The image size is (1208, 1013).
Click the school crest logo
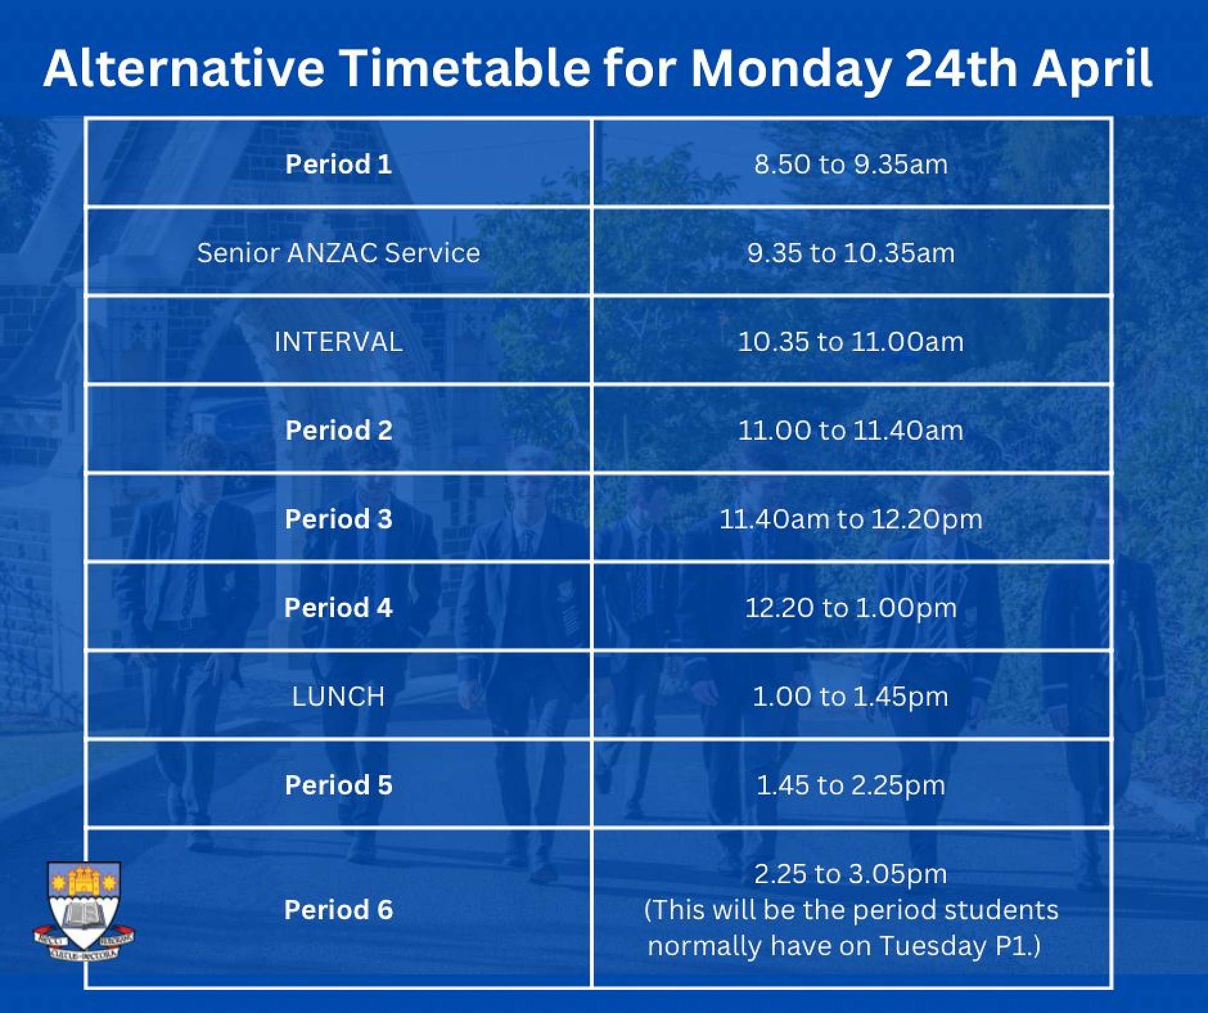pyautogui.click(x=84, y=911)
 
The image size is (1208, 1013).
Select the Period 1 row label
pyautogui.click(x=338, y=164)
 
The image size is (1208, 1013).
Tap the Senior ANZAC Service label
pyautogui.click(x=338, y=252)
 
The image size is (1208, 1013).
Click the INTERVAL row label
pyautogui.click(x=338, y=342)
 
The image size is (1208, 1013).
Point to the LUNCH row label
pyautogui.click(x=338, y=696)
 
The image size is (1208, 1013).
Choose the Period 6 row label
pyautogui.click(x=338, y=910)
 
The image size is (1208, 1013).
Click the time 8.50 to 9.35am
pyautogui.click(x=851, y=164)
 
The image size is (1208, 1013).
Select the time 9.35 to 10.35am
pyautogui.click(x=851, y=252)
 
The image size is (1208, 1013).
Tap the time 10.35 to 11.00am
pyautogui.click(x=851, y=342)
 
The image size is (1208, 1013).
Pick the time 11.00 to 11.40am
pyautogui.click(x=851, y=431)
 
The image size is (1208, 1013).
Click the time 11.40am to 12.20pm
pyautogui.click(x=851, y=519)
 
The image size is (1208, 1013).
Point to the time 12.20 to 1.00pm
pyautogui.click(x=851, y=608)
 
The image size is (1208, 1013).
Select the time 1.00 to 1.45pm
pyautogui.click(x=851, y=697)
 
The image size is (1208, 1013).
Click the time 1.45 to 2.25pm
pyautogui.click(x=851, y=786)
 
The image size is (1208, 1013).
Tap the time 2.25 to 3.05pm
pyautogui.click(x=851, y=874)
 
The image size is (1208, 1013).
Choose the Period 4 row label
pyautogui.click(x=338, y=608)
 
